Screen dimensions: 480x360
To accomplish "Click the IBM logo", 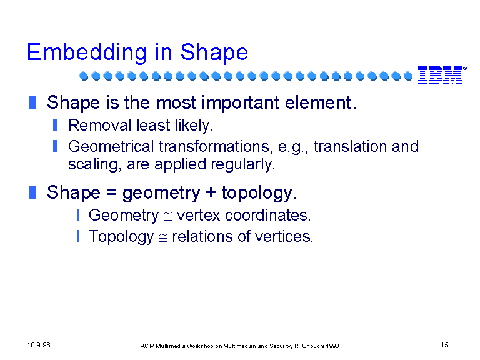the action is coord(441,75).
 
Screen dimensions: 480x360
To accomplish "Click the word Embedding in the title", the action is coord(87,52).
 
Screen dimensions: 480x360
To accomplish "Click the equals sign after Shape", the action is coord(111,193).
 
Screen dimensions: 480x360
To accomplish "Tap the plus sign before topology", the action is coord(211,192).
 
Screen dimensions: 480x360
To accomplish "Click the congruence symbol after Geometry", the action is coord(167,217).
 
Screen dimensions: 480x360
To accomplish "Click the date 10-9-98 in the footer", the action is coord(39,345).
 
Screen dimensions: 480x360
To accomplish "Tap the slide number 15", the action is coord(444,345).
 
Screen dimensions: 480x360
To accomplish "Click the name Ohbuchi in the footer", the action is coord(313,346).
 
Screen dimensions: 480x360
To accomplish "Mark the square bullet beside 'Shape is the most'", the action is coord(32,102).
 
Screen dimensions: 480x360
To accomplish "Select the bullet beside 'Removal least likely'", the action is coord(55,125).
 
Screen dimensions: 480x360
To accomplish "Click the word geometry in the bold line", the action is coord(161,194).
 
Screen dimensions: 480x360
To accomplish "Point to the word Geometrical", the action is coord(111,146).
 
